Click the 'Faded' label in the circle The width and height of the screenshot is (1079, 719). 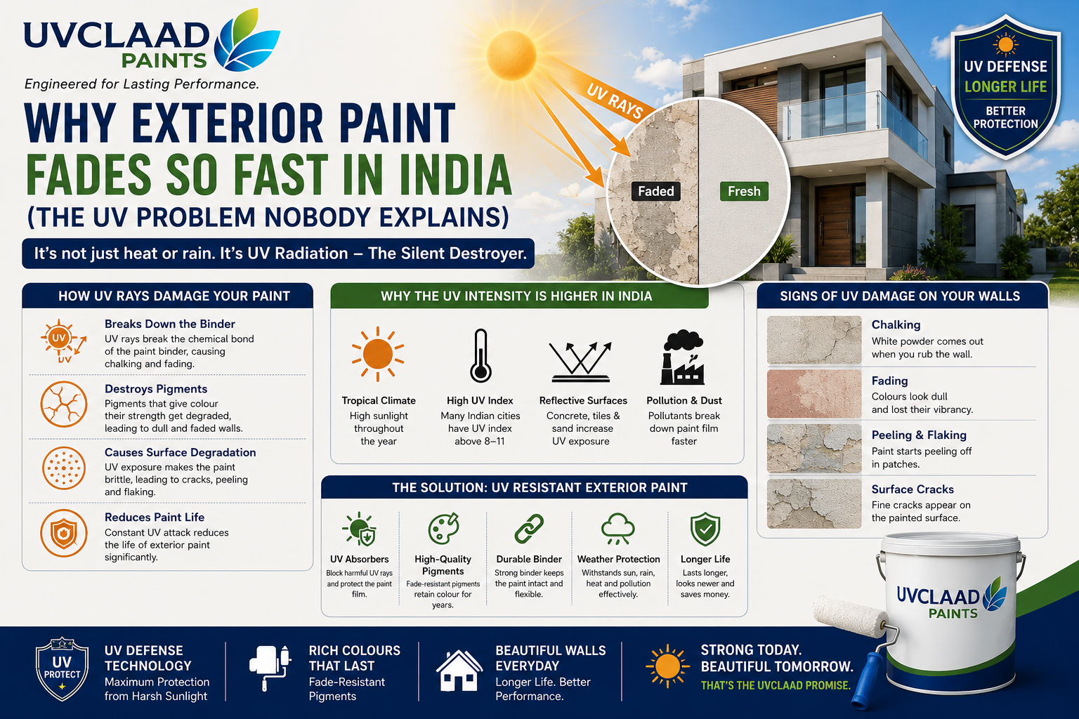click(x=656, y=191)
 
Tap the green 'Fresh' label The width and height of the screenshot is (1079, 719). click(x=744, y=191)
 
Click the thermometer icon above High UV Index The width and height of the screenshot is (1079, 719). click(x=480, y=355)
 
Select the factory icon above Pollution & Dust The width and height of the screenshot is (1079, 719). click(x=683, y=357)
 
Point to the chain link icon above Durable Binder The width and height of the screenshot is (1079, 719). click(x=529, y=528)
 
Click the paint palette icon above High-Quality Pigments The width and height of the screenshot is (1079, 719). click(x=443, y=528)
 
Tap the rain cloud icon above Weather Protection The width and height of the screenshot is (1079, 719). click(x=618, y=529)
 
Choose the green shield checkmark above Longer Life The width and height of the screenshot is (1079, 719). click(x=705, y=529)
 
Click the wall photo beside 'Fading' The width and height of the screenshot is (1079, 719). click(x=814, y=394)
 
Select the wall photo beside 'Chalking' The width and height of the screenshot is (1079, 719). click(x=814, y=340)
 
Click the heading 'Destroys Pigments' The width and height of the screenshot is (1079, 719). click(x=155, y=388)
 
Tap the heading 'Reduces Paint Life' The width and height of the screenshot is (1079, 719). click(x=155, y=517)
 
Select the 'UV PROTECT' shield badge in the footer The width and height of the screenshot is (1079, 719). click(x=62, y=669)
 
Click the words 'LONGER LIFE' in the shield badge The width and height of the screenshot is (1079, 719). click(x=1005, y=86)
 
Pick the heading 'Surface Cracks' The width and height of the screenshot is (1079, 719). click(x=913, y=489)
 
